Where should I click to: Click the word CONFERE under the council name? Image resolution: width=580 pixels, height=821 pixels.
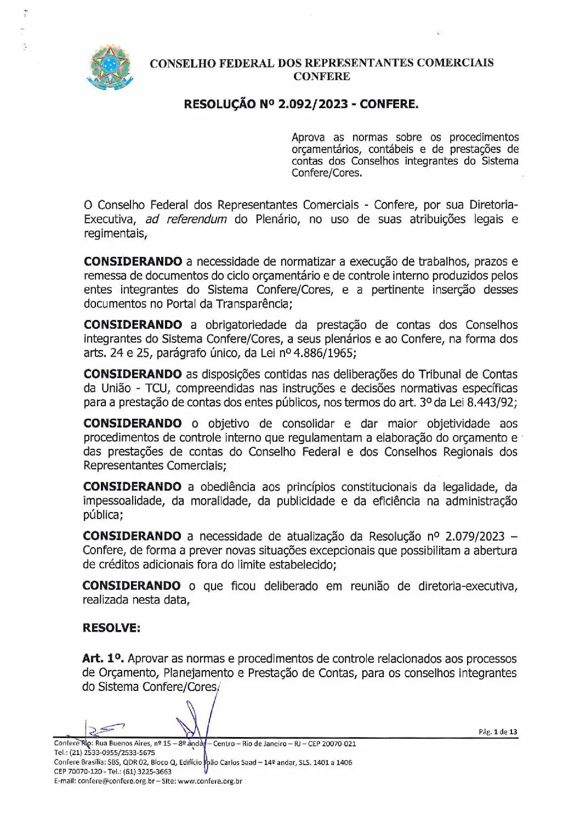(x=321, y=76)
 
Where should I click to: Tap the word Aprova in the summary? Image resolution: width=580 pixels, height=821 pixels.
(x=308, y=137)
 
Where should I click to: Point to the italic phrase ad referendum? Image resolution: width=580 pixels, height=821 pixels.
(x=186, y=220)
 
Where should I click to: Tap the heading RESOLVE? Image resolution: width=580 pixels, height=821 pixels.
(x=111, y=628)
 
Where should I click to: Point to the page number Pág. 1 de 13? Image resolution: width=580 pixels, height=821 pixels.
(x=498, y=732)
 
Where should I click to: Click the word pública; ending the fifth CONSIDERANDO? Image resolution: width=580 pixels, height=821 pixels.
(x=103, y=515)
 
